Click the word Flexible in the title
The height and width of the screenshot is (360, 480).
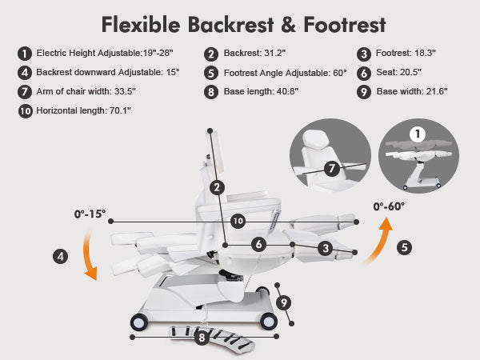click(x=141, y=25)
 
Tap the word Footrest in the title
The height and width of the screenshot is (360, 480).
click(x=345, y=25)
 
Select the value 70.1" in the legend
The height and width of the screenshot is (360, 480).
click(x=120, y=110)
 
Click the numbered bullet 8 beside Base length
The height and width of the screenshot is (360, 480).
click(x=211, y=92)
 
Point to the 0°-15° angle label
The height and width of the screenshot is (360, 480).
click(x=90, y=214)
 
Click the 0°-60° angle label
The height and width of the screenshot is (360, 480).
click(x=389, y=206)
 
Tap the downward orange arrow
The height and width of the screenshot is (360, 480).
click(x=89, y=255)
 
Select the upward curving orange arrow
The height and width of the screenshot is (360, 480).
click(x=379, y=240)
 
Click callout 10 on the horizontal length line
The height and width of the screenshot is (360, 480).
click(x=238, y=221)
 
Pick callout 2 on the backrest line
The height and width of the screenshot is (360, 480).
click(x=217, y=187)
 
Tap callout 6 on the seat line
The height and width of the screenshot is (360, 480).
click(x=258, y=244)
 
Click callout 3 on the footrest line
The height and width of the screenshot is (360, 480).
click(x=326, y=248)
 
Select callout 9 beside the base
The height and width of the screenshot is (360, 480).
click(x=283, y=302)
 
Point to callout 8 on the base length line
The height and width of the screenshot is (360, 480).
click(x=202, y=338)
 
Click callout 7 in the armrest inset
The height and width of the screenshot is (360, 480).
click(x=331, y=169)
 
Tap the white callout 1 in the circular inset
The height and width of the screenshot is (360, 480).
click(x=418, y=134)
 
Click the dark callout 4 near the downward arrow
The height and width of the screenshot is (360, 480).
click(x=60, y=256)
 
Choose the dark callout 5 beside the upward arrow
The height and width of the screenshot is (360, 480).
click(x=404, y=247)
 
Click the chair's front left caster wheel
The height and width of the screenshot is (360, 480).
click(x=139, y=322)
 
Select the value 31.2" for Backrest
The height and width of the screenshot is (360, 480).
click(x=275, y=53)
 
